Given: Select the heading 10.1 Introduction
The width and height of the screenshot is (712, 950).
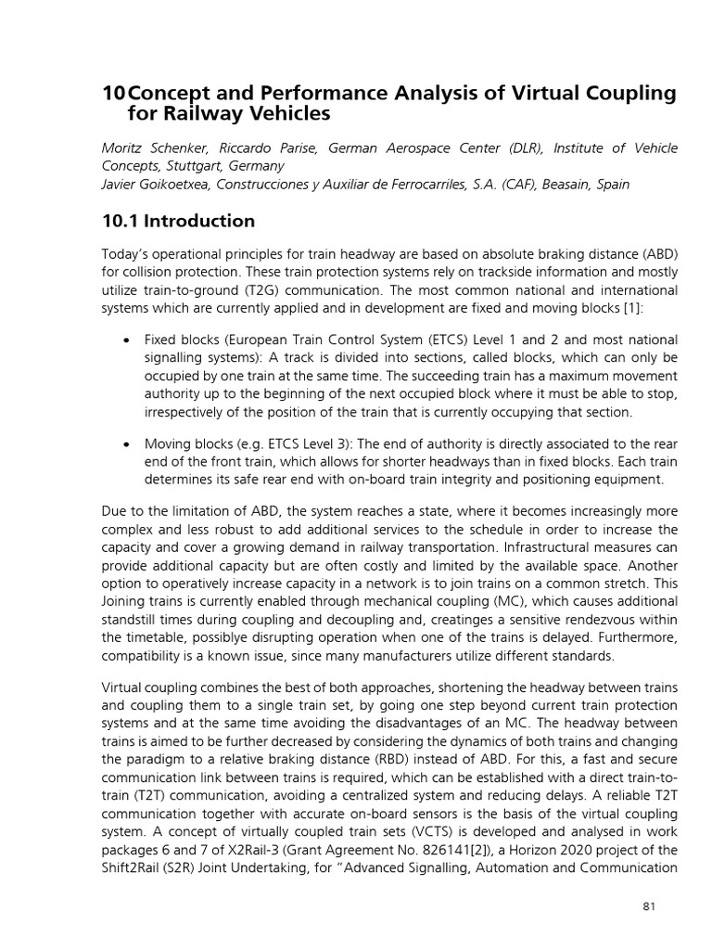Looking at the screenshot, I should pyautogui.click(x=178, y=221).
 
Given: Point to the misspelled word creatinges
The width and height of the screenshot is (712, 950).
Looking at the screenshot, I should pyautogui.click(x=419, y=622).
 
